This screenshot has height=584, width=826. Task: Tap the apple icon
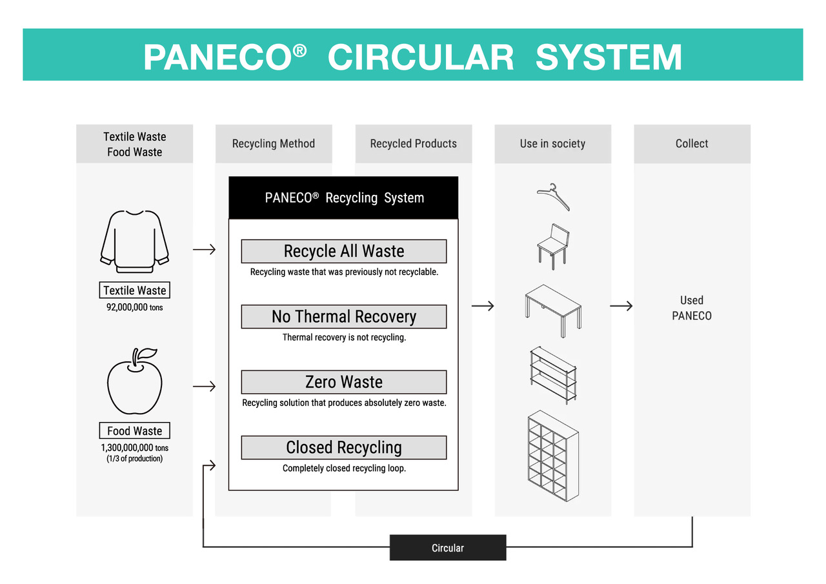coord(134,383)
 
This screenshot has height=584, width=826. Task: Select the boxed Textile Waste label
coord(134,290)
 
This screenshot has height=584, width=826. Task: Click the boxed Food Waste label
coord(134,431)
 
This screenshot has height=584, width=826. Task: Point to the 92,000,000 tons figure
coord(134,308)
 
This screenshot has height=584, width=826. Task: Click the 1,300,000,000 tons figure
coord(134,448)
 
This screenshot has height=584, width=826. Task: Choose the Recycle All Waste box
coord(343,251)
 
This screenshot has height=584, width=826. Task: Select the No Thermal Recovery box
coord(343,317)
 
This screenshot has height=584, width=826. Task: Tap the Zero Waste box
coord(343,382)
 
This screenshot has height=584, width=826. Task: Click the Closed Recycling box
coord(343,447)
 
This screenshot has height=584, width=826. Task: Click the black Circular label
coord(447,548)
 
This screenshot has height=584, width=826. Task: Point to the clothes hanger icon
coord(553,197)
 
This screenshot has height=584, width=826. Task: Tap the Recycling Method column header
coord(274,144)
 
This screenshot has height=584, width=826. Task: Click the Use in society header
coord(552,144)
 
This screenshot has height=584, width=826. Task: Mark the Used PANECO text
coord(691,308)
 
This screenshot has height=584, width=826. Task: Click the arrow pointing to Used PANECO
coord(621,307)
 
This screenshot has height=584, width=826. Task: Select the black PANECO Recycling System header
coord(343,198)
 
